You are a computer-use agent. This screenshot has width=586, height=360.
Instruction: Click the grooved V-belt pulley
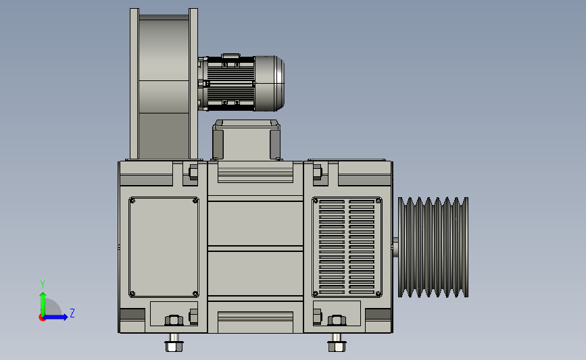coord(433,247)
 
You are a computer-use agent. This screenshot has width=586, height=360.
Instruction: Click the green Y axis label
coord(43,284)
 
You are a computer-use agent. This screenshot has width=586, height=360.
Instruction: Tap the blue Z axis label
coord(72,313)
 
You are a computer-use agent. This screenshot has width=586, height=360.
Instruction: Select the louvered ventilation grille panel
coord(347,247)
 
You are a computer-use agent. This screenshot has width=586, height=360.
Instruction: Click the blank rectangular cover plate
coord(164,247)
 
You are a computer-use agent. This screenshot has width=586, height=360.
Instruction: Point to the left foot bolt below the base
coord(174,343)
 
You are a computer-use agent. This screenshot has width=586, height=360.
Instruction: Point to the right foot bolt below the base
coord(337,343)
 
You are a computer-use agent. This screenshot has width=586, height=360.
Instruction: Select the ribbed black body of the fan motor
coord(230,84)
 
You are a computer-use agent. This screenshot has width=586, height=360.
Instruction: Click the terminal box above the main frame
coord(246,140)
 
